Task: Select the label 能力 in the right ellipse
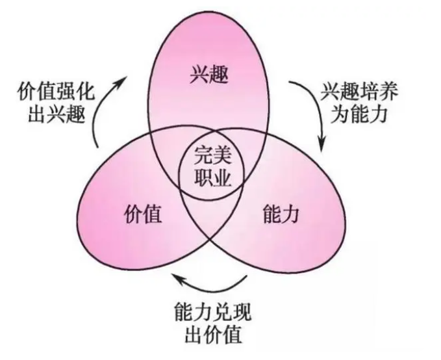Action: coord(282,214)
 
